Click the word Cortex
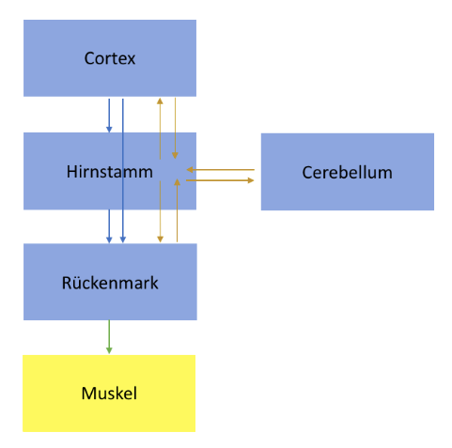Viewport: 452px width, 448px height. (x=110, y=58)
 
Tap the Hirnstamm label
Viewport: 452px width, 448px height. (x=110, y=172)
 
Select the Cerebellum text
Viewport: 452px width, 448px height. (x=347, y=173)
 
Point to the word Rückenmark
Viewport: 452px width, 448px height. (x=110, y=283)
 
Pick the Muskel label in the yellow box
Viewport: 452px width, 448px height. (x=109, y=394)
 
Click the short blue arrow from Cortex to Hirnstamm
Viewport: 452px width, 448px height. (x=109, y=116)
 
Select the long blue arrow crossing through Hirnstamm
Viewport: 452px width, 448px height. (x=123, y=171)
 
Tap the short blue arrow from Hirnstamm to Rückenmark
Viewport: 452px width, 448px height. (x=109, y=226)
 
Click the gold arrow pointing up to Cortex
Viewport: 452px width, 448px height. (x=160, y=129)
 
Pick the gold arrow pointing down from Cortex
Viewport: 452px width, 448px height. (x=175, y=128)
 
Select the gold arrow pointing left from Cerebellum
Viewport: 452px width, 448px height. (x=221, y=170)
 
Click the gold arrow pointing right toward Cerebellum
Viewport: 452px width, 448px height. (x=220, y=180)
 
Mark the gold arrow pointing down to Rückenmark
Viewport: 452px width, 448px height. (x=160, y=211)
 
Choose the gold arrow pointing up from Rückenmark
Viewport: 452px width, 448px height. (x=177, y=210)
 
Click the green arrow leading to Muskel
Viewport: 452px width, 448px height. (x=109, y=337)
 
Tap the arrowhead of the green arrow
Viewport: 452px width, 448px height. (x=109, y=350)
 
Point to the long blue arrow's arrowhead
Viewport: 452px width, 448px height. (x=123, y=239)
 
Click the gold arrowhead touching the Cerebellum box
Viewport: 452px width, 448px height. (x=251, y=180)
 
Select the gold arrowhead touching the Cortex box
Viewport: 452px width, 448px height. (x=160, y=101)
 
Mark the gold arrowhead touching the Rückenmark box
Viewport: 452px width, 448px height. (x=160, y=239)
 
